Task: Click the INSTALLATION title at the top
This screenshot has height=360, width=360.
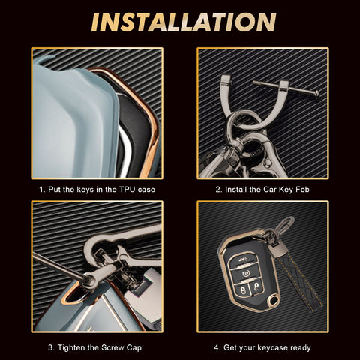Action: click(x=184, y=22)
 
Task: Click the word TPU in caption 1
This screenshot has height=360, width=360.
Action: click(x=127, y=190)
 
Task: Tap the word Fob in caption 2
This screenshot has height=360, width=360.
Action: click(x=302, y=190)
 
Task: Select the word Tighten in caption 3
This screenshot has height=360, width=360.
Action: click(x=72, y=347)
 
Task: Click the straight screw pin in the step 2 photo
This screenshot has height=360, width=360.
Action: click(x=286, y=88)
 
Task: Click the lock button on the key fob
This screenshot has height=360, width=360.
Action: click(x=243, y=290)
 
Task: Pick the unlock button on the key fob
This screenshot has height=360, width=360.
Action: click(x=256, y=287)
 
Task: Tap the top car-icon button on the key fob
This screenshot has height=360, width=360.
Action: click(x=241, y=260)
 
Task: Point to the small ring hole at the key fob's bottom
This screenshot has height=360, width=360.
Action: click(x=274, y=300)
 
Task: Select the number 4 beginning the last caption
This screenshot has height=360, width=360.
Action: click(x=216, y=347)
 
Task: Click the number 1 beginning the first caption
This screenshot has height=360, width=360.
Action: click(x=41, y=190)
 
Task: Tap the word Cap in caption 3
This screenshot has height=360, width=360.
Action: click(x=134, y=348)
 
